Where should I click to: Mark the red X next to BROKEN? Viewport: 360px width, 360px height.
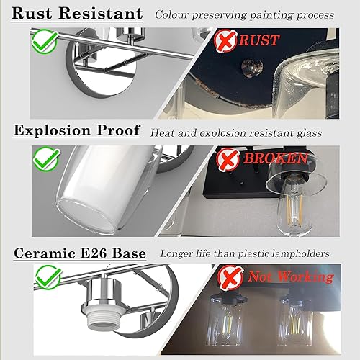click(228, 158)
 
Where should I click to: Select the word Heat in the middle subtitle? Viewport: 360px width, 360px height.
click(162, 132)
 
